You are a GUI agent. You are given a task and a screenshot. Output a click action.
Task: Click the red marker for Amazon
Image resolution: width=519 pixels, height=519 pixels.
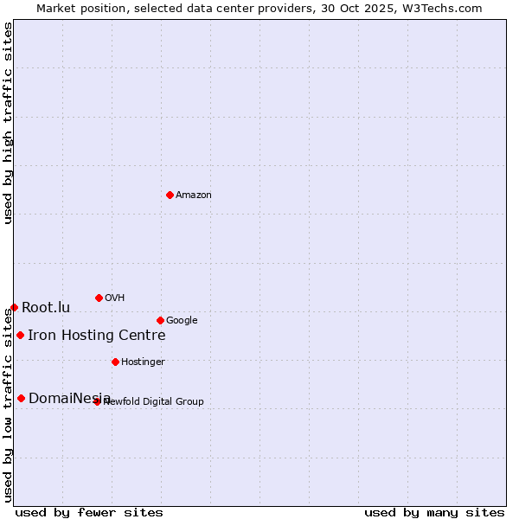[170, 195]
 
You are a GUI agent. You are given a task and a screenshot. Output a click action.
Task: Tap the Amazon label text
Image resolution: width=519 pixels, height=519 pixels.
[194, 195]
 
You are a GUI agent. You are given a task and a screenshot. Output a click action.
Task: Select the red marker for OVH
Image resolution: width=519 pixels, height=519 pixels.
[99, 298]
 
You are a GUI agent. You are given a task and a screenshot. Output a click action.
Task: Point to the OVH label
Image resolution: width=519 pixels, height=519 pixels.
[115, 298]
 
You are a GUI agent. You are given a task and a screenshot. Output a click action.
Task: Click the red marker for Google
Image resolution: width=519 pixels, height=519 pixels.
[160, 320]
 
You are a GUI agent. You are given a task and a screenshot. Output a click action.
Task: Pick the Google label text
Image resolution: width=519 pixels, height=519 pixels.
[182, 321]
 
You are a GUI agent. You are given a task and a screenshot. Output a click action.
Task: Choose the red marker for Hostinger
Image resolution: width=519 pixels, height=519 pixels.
[115, 362]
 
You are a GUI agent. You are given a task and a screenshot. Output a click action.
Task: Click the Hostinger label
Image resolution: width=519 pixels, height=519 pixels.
[143, 362]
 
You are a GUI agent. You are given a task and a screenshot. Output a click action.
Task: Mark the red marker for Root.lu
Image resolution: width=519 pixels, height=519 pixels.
[14, 307]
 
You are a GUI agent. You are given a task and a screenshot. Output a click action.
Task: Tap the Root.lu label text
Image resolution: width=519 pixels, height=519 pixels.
[46, 308]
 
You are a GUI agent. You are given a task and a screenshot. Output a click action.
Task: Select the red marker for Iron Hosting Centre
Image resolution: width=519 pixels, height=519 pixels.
[20, 335]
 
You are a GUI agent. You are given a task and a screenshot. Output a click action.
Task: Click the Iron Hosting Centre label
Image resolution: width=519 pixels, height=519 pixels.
[96, 336]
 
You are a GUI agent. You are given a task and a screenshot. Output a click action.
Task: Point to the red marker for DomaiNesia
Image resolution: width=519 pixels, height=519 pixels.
[21, 398]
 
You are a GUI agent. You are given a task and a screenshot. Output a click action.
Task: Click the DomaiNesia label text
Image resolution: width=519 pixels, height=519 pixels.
[69, 399]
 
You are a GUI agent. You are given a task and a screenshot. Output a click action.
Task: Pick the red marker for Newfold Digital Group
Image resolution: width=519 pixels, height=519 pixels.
[97, 401]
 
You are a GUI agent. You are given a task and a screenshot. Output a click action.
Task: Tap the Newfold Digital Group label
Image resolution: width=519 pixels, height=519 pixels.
[154, 401]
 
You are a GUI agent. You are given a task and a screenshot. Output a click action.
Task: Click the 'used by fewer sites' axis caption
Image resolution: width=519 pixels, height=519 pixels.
[89, 512]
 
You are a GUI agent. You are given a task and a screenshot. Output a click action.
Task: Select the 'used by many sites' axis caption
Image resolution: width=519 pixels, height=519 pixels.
[434, 512]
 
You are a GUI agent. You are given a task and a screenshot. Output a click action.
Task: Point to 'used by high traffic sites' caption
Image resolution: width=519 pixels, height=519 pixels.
[8, 123]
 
